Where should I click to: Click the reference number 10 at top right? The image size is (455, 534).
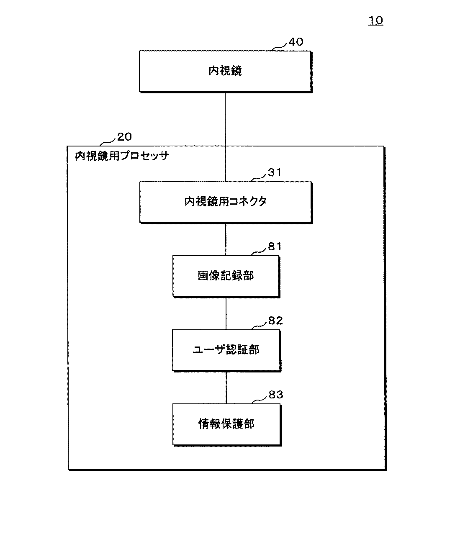375,21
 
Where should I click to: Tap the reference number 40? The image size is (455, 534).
296,42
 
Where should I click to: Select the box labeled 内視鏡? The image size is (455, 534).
225,71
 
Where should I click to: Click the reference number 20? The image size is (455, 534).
124,136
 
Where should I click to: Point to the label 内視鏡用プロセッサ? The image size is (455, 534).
122,156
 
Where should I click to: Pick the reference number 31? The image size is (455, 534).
275,172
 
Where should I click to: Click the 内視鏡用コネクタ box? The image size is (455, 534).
226,202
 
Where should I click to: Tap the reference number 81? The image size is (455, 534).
275,247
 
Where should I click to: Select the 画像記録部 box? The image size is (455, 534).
226,276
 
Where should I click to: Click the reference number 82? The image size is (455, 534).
275,321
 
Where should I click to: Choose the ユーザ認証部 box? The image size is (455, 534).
226,350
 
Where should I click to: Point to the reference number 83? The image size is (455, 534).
276,395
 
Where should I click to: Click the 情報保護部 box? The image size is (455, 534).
226,424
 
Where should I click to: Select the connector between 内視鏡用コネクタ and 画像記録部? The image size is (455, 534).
226,239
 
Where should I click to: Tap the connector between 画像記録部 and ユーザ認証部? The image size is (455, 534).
226,313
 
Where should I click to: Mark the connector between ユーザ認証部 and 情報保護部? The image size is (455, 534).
226,387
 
